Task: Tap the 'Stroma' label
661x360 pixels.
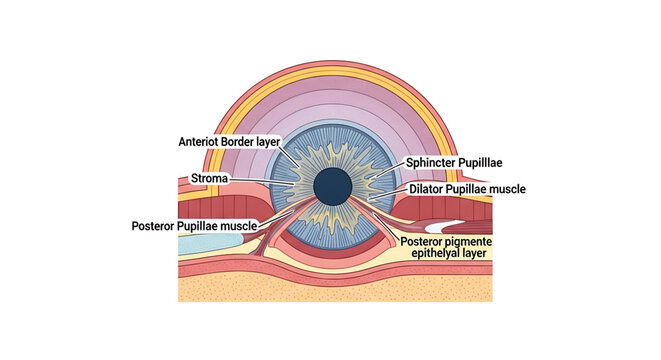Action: point(210,179)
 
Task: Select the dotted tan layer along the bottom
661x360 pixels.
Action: point(330,288)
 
